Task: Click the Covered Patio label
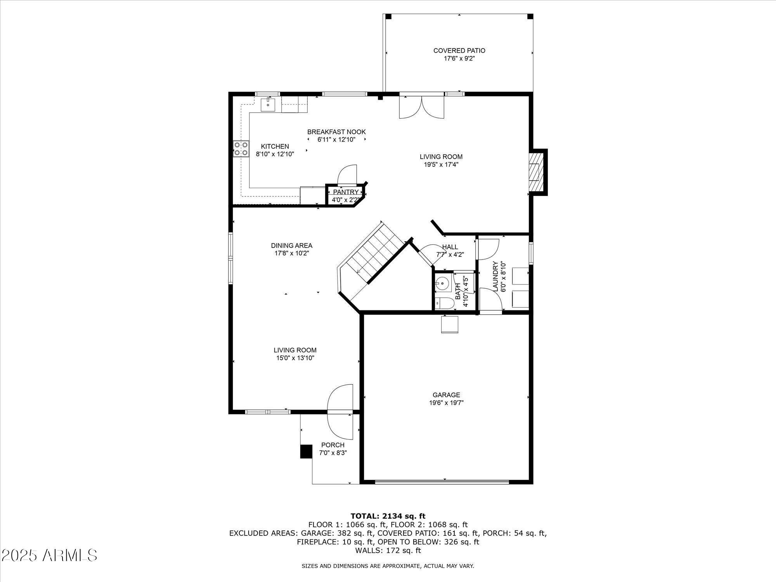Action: coord(459,50)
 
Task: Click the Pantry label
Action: coord(345,192)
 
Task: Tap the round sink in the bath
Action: coord(442,283)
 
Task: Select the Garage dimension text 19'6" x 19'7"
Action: coord(446,403)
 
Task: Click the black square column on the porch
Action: coord(306,451)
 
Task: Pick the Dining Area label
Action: coord(291,246)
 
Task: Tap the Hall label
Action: coord(450,247)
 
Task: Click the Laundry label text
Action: coord(495,277)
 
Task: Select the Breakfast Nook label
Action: coord(336,132)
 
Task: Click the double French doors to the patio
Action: coord(422,107)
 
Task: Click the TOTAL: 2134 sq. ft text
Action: coord(388,516)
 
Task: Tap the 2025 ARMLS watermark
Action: coord(49,556)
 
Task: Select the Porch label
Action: coord(333,445)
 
